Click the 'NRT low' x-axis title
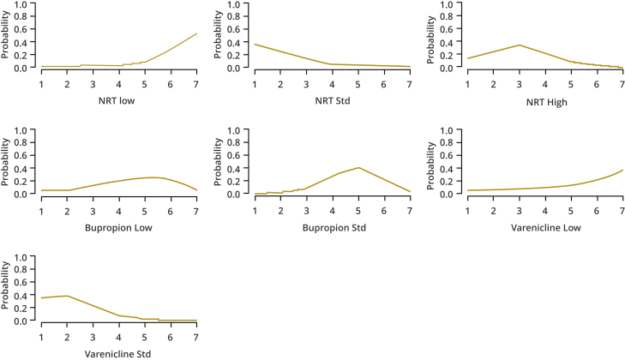pyautogui.click(x=118, y=101)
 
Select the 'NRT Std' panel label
pyautogui.click(x=332, y=101)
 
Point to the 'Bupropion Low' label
pyautogui.click(x=118, y=227)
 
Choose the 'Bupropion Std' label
pyautogui.click(x=332, y=227)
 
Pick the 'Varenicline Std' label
pyautogui.click(x=118, y=353)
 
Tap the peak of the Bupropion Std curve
pyautogui.click(x=358, y=168)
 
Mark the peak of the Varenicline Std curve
pyautogui.click(x=67, y=296)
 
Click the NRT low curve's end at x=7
pyautogui.click(x=196, y=33)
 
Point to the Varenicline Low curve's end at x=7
pyautogui.click(x=622, y=170)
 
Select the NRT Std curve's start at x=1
pyautogui.click(x=255, y=44)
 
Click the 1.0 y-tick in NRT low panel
pyautogui.click(x=25, y=4)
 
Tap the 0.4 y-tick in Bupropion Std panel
pyautogui.click(x=238, y=169)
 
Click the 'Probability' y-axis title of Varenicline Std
pyautogui.click(x=7, y=288)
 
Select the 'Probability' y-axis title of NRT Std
pyautogui.click(x=219, y=36)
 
